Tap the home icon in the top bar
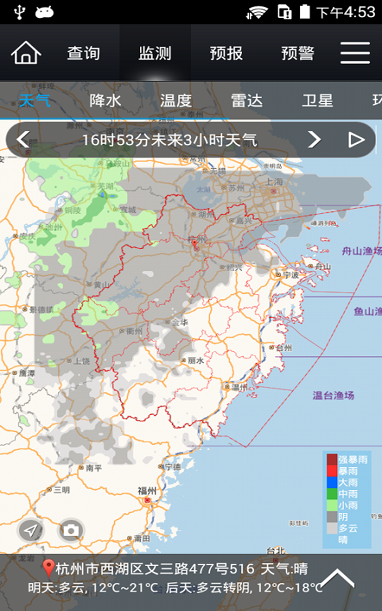26,53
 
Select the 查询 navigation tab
84,53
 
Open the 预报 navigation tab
226,53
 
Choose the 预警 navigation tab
297,53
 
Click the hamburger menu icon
355,53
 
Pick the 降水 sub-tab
106,101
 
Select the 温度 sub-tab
176,101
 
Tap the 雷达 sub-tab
247,101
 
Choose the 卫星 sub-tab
318,101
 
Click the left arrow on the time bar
22,139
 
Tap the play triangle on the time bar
356,139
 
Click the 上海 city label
275,182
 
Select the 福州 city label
147,491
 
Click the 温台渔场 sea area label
333,395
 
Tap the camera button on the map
71,530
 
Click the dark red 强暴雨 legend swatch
332,459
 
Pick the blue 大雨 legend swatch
332,482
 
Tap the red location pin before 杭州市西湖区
48,569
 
